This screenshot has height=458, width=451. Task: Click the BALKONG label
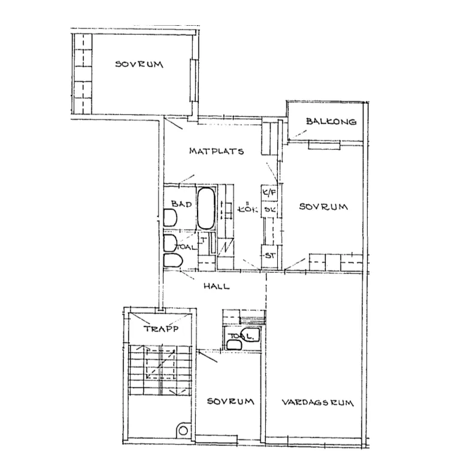pyautogui.click(x=331, y=122)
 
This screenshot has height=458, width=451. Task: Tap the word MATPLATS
pyautogui.click(x=216, y=151)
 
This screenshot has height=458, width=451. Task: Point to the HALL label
pyautogui.click(x=216, y=287)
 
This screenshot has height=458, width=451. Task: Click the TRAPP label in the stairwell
pyautogui.click(x=160, y=329)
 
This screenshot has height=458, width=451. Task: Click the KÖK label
pyautogui.click(x=247, y=209)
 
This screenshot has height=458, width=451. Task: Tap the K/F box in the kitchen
pyautogui.click(x=270, y=194)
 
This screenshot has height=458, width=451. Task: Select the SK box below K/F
pyautogui.click(x=270, y=209)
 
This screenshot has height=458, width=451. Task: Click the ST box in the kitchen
pyautogui.click(x=270, y=255)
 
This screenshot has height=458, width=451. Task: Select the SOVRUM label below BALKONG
pyautogui.click(x=323, y=207)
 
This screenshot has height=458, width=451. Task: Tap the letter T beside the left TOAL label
pyautogui.click(x=204, y=240)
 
